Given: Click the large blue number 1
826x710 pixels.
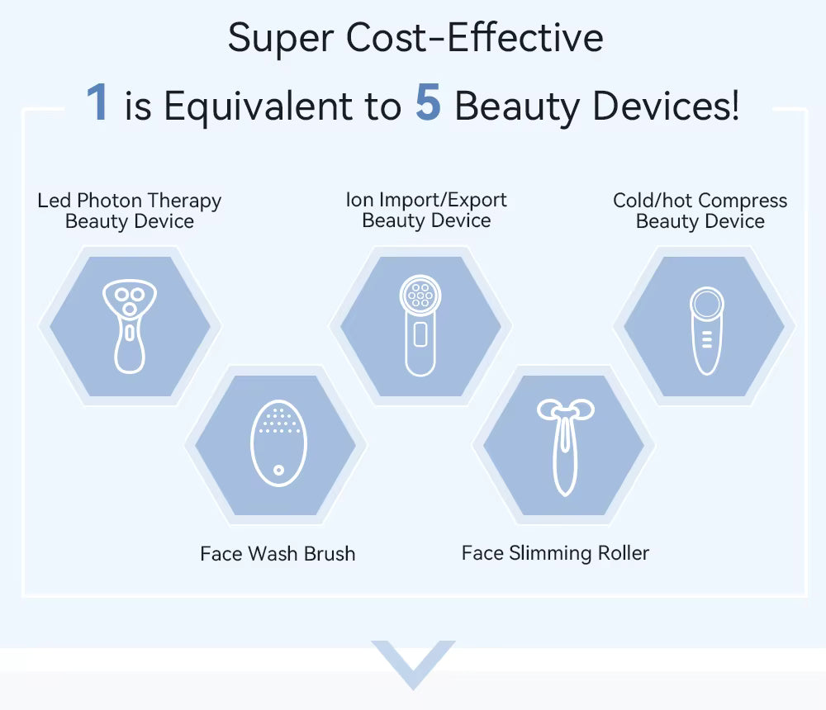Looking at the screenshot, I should [97, 103].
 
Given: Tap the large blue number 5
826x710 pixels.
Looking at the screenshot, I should [428, 103].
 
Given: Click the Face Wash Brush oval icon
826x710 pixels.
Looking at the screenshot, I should [278, 444].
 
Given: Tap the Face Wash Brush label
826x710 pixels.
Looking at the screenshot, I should [278, 553].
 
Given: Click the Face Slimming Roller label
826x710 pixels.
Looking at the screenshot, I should [555, 553].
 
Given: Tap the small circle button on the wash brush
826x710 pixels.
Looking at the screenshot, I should [279, 470].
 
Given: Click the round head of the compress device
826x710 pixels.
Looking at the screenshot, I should [707, 304].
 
